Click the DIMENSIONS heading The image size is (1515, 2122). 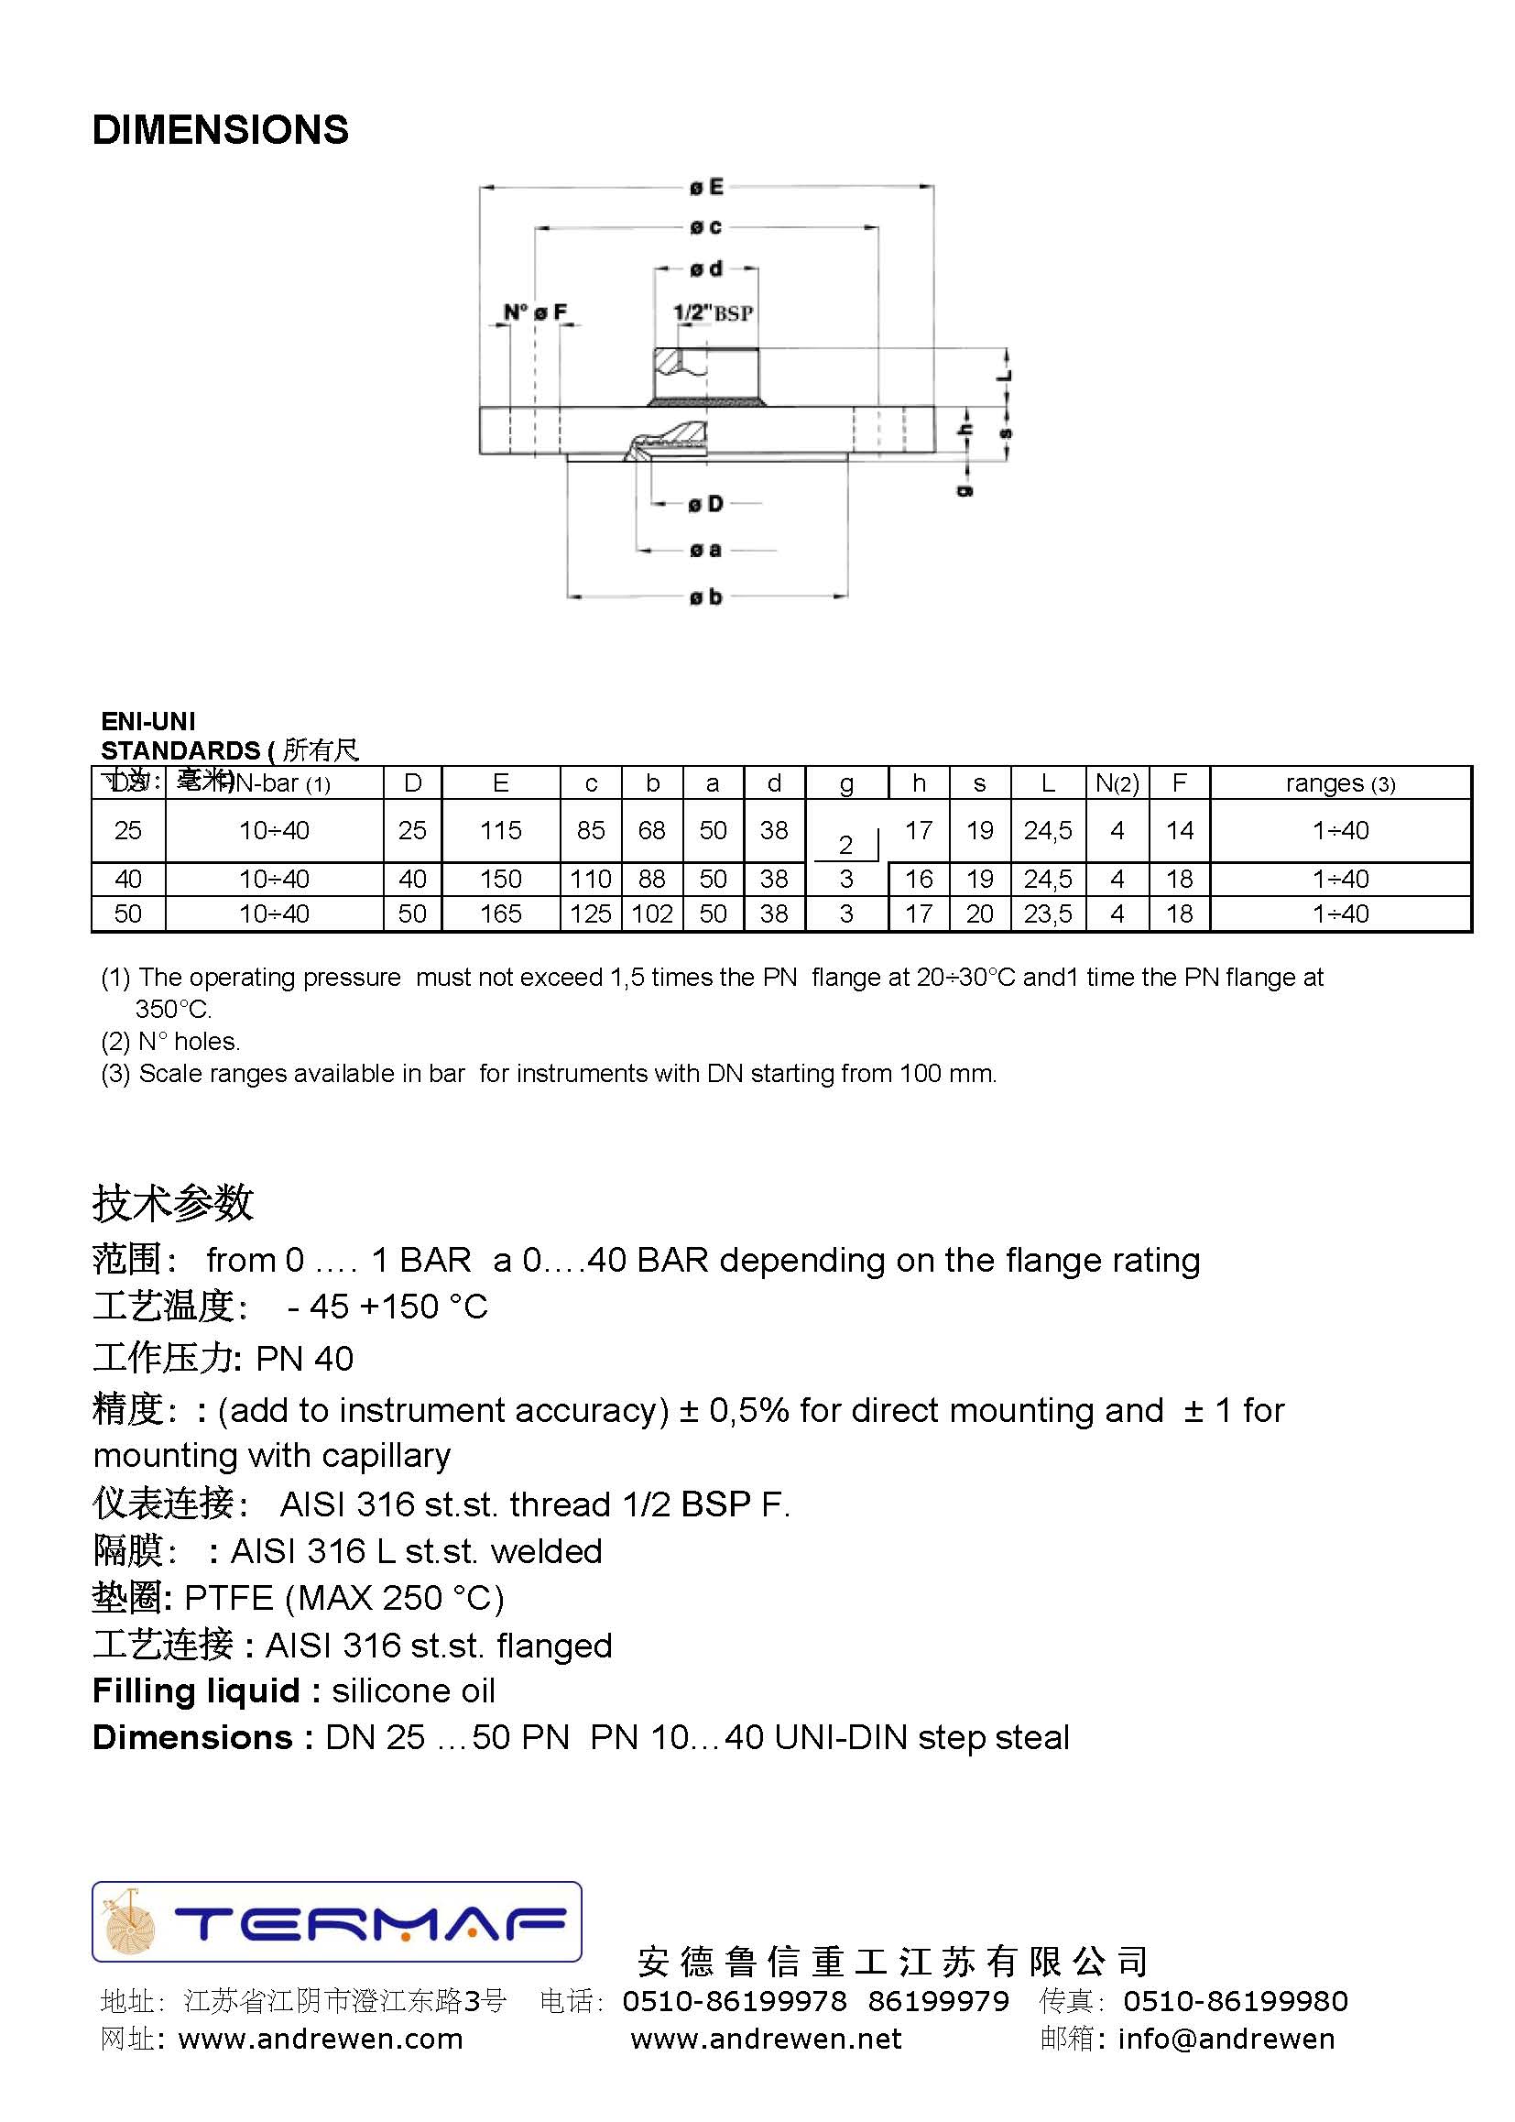coord(220,130)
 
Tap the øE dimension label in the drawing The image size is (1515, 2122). coord(706,188)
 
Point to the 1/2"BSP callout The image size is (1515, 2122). coord(713,312)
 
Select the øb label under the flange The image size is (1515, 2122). coord(706,597)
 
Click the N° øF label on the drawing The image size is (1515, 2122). coord(535,312)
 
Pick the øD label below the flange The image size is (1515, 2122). coord(706,505)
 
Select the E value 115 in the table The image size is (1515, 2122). coord(500,830)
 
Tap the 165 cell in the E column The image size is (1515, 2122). coord(500,913)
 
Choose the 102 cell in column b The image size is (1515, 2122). coord(652,913)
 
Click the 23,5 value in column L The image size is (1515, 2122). coord(1048,913)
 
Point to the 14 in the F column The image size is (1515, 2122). coord(1179,830)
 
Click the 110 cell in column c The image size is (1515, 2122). coord(591,879)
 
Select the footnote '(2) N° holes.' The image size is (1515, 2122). coord(170,1042)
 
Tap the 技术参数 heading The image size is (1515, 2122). coord(172,1203)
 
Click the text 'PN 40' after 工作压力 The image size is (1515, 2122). coord(305,1359)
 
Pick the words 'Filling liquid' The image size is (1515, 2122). coord(196,1690)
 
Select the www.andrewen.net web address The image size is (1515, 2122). coord(766,2039)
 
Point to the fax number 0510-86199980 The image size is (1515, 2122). coord(1235,2001)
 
